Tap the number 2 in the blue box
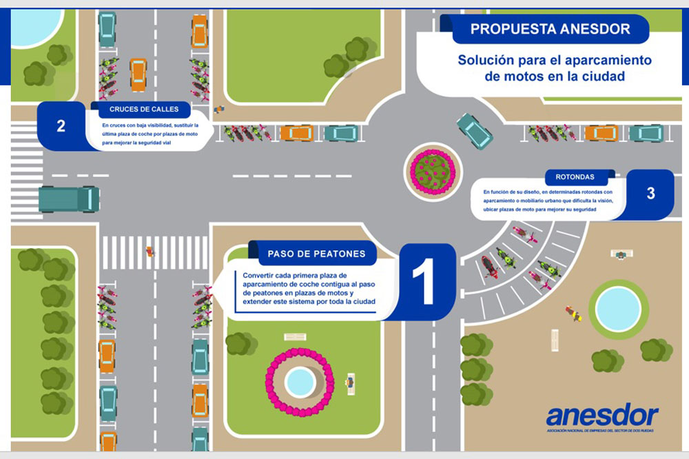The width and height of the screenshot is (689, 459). (x=61, y=126)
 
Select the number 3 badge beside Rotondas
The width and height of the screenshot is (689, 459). (x=650, y=194)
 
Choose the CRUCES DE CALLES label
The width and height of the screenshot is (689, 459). (x=144, y=109)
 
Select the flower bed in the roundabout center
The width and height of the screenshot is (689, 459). (x=432, y=167)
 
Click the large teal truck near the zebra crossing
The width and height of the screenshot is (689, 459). (x=69, y=199)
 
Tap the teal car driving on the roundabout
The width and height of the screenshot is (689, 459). (x=474, y=130)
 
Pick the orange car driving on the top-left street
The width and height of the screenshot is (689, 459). (x=138, y=74)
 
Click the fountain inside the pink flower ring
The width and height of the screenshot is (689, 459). (x=300, y=378)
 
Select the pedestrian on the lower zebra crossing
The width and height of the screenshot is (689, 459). (x=149, y=252)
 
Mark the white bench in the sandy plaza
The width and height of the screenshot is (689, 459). (x=554, y=340)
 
